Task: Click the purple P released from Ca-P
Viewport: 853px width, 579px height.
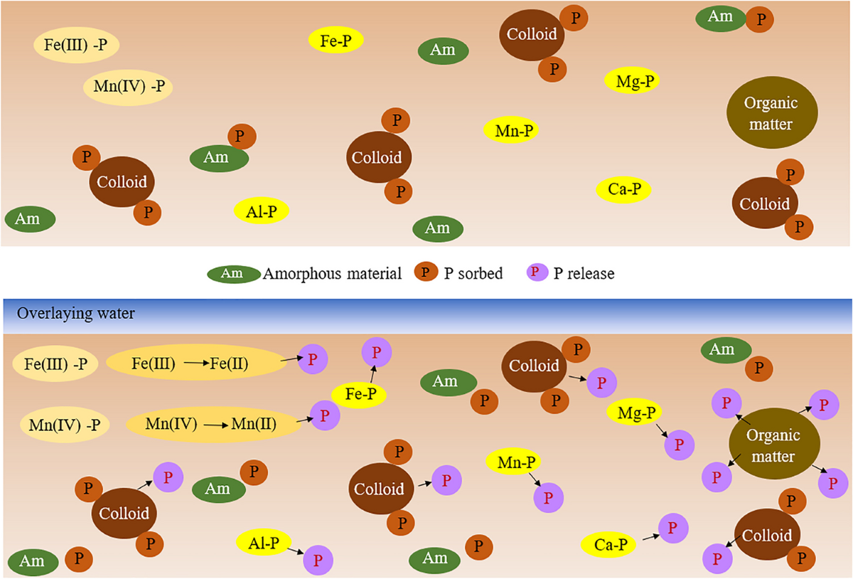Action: point(672,528)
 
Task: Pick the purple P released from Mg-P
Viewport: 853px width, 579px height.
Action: point(680,445)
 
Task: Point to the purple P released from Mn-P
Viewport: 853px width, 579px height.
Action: point(547,496)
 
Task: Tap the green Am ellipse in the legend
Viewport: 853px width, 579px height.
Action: point(233,272)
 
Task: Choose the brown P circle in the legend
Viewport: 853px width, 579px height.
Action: point(426,272)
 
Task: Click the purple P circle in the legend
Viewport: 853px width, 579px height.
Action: point(537,272)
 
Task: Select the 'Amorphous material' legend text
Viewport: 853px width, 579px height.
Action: point(333,273)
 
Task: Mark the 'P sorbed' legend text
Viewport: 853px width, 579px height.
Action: point(473,273)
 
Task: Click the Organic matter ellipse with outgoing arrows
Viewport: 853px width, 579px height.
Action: point(773,445)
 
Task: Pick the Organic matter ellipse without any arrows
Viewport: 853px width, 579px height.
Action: point(771,113)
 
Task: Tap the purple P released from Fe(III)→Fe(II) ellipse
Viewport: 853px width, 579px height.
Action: point(312,360)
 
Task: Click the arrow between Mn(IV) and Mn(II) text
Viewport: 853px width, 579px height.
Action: point(217,425)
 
